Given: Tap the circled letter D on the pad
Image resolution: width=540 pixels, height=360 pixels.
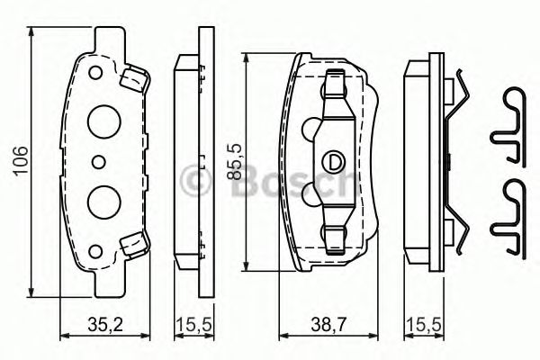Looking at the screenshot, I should pos(334,162).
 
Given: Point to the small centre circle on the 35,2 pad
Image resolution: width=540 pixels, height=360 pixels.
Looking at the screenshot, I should pos(98,162).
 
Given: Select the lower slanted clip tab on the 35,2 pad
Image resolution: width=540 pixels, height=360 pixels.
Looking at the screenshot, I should pos(134,242).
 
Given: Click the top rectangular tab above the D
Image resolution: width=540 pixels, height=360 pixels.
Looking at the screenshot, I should pos(335,85).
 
